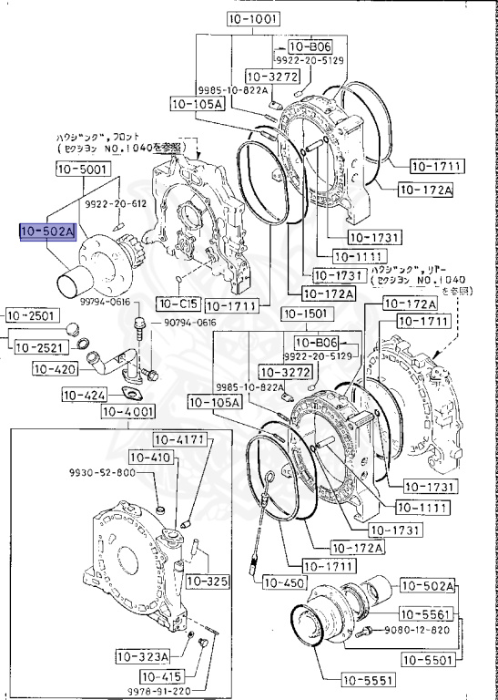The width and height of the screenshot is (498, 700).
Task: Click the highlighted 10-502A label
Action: (48, 232)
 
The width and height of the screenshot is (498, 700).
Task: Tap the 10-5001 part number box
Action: (83, 169)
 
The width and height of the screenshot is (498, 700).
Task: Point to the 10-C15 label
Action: (178, 303)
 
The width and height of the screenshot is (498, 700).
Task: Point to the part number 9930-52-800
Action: (102, 473)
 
